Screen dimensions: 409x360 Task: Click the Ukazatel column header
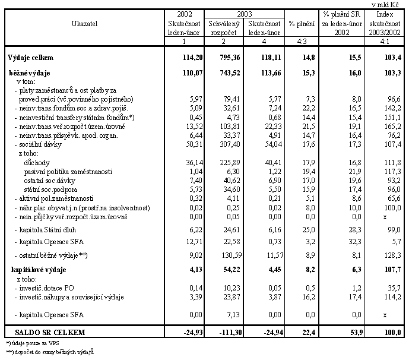click(84, 24)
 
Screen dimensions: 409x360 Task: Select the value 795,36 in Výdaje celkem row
click(230, 58)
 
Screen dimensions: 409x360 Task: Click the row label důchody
click(37, 163)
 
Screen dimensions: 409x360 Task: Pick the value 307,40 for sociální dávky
click(230, 144)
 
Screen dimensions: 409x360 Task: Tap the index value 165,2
click(392, 127)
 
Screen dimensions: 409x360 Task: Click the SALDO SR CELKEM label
click(50, 332)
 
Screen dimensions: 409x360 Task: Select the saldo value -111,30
click(230, 332)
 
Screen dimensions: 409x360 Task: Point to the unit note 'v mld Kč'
click(385, 5)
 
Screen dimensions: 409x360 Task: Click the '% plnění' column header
click(302, 24)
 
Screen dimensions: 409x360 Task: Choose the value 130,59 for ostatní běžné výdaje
click(232, 255)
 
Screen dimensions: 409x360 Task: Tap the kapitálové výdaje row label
click(39, 270)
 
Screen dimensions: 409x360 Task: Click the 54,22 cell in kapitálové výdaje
click(232, 270)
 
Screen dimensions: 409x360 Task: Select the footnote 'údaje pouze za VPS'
click(33, 343)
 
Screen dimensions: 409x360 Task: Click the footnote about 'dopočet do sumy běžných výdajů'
click(50, 352)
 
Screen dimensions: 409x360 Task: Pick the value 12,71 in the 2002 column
click(194, 242)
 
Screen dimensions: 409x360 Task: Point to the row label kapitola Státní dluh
click(45, 230)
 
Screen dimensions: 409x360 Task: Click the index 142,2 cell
click(392, 108)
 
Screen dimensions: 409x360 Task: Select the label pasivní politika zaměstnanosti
click(68, 172)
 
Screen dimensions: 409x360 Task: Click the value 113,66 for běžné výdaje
click(271, 73)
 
